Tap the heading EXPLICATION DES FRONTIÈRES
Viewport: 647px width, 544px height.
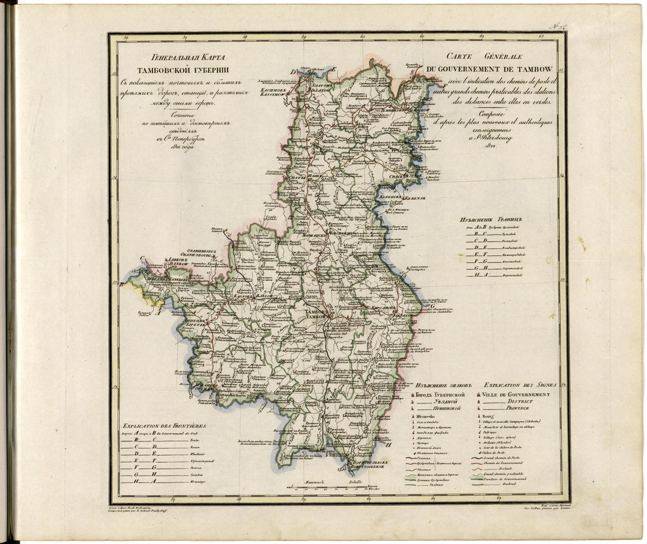click(164, 426)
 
